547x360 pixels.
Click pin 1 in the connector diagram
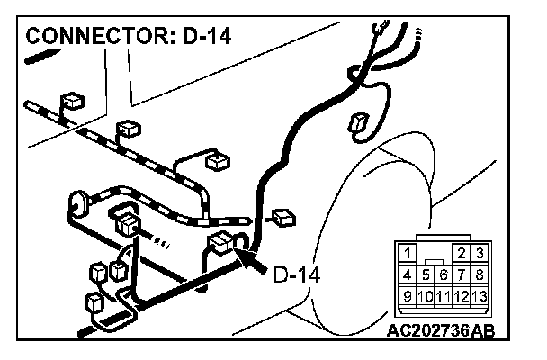pyautogui.click(x=408, y=254)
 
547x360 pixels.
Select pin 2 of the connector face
pyautogui.click(x=462, y=254)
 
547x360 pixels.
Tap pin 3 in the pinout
pyautogui.click(x=480, y=254)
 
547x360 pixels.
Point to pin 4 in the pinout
pyautogui.click(x=408, y=273)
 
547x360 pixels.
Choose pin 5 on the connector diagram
pyautogui.click(x=426, y=273)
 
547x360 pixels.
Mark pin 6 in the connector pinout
pyautogui.click(x=444, y=273)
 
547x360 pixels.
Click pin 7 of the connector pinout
pyautogui.click(x=462, y=273)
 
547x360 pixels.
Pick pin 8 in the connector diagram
pyautogui.click(x=480, y=273)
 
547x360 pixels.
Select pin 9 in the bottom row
pyautogui.click(x=408, y=293)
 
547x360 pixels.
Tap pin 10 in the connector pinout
pyautogui.click(x=426, y=293)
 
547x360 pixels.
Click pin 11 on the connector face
pyautogui.click(x=444, y=293)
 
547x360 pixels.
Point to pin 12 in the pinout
pyautogui.click(x=462, y=293)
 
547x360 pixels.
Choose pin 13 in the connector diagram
pyautogui.click(x=480, y=293)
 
